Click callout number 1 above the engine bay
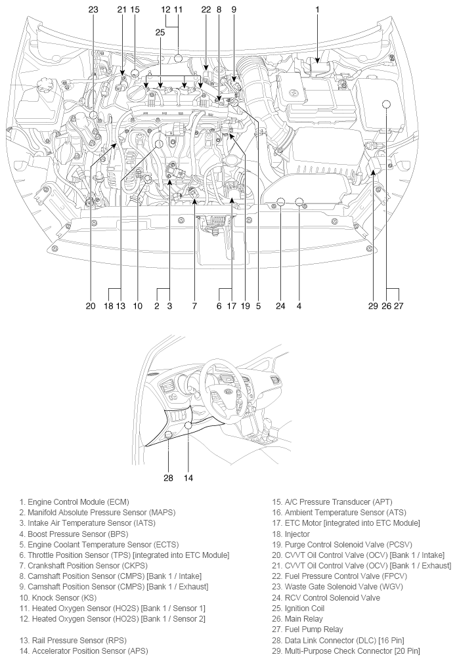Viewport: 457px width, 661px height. click(317, 10)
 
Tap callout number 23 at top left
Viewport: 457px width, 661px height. click(93, 10)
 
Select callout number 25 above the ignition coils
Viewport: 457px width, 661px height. click(160, 32)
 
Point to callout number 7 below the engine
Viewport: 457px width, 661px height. click(194, 306)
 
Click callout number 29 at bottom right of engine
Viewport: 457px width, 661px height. click(374, 306)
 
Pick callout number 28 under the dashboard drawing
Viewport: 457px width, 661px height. click(168, 478)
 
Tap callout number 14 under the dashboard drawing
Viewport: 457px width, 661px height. click(188, 478)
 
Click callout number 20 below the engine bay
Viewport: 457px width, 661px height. click(91, 306)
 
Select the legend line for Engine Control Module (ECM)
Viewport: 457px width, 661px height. click(70, 502)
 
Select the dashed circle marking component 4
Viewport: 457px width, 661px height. click(299, 202)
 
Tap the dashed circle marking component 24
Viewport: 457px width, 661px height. click(280, 202)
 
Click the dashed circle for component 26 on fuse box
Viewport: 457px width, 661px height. click(386, 104)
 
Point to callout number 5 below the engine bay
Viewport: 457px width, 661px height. click(258, 306)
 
